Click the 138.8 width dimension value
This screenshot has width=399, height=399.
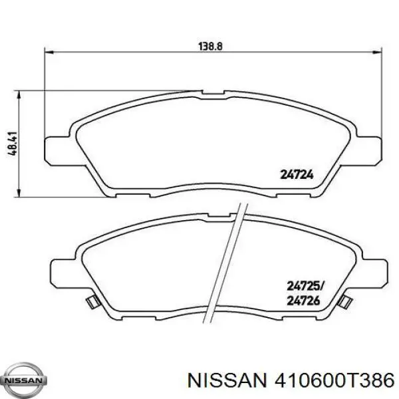click(x=210, y=47)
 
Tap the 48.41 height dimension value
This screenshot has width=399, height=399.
click(x=13, y=143)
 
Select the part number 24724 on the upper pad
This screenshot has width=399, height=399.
click(x=297, y=175)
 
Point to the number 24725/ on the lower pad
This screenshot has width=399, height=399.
click(x=305, y=287)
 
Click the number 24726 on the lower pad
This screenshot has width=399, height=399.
click(x=303, y=301)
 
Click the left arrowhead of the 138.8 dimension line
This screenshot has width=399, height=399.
click(x=49, y=52)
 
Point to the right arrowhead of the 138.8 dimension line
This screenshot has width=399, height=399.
click(x=378, y=52)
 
